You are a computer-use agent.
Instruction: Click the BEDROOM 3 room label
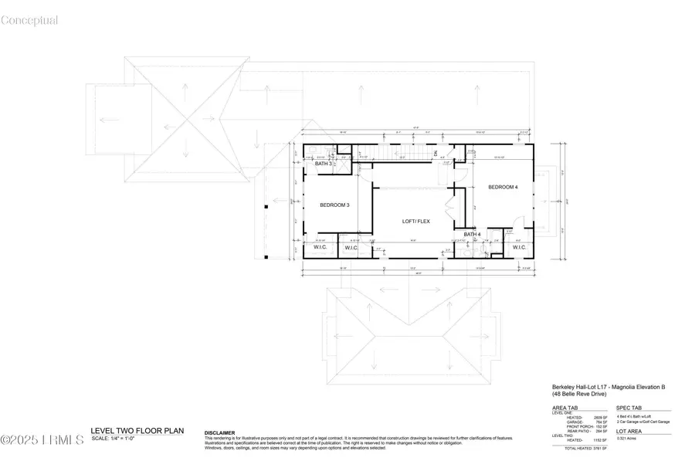(335, 205)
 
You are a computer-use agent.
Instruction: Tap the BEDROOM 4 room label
(503, 188)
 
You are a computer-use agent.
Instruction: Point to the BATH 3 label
(324, 164)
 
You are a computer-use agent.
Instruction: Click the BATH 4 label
(473, 234)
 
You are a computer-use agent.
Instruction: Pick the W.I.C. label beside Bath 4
(519, 248)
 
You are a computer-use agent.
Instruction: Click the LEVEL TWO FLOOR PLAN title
(137, 431)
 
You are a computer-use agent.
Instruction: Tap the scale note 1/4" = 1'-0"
(114, 439)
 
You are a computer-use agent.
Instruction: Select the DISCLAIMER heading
(219, 433)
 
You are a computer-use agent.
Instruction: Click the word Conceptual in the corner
(29, 21)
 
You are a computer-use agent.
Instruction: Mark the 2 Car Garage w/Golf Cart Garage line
(642, 422)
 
